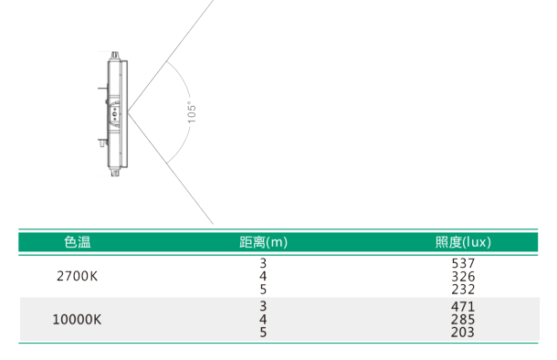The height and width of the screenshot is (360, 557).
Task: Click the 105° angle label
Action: (x=192, y=112)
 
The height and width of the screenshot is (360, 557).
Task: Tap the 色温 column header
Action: (x=78, y=242)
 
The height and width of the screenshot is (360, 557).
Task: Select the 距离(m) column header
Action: (x=263, y=242)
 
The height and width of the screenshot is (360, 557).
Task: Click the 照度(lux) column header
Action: (x=463, y=242)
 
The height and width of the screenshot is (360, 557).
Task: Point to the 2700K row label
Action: (x=77, y=276)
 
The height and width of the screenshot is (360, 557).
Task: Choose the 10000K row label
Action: (x=77, y=320)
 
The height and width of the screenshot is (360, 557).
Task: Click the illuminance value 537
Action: (x=463, y=263)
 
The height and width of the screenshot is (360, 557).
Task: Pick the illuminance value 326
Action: (x=463, y=277)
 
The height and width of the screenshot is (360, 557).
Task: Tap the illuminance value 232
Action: (x=463, y=290)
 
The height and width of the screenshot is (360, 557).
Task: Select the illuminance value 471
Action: (x=463, y=307)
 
